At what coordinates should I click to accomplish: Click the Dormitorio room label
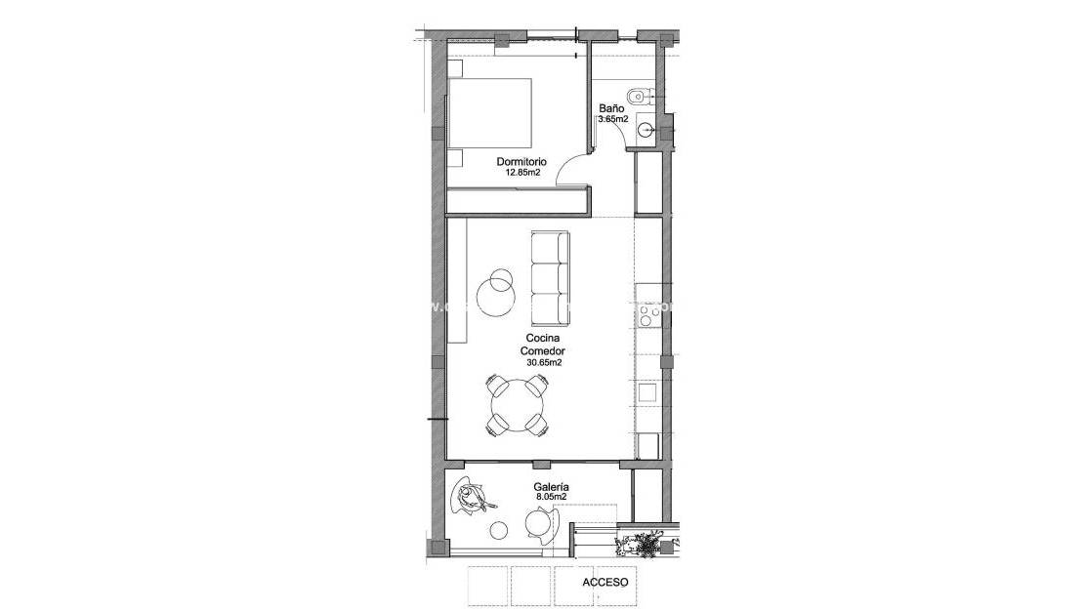pos(521,162)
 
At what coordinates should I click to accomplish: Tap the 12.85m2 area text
pos(522,173)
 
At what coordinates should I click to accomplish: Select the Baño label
pos(611,109)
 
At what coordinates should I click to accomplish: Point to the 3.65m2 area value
pos(612,120)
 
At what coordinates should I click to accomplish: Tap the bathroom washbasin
pos(646,127)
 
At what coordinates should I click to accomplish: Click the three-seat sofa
pos(550,278)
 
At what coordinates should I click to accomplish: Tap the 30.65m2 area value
pos(543,362)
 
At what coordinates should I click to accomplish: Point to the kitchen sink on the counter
pos(646,391)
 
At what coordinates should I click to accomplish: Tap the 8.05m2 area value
pos(552,497)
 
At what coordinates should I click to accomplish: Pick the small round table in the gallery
pos(499,530)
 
